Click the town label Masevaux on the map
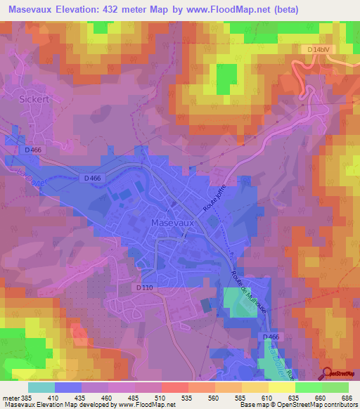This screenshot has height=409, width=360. (x=172, y=223)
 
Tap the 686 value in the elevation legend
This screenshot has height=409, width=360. (x=342, y=398)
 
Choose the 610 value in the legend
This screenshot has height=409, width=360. (x=261, y=398)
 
